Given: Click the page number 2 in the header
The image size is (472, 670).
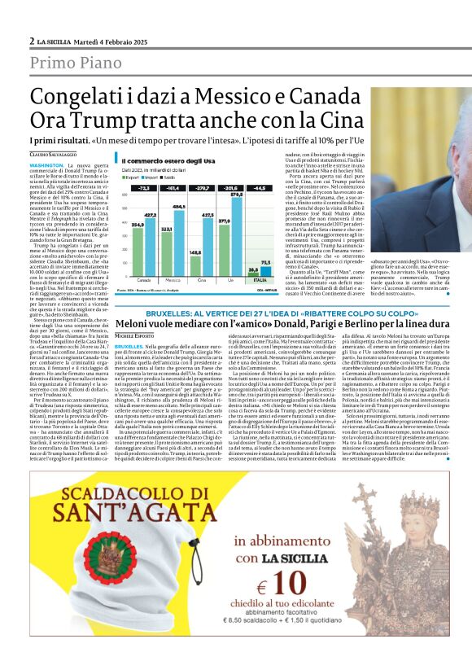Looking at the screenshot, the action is [32, 41].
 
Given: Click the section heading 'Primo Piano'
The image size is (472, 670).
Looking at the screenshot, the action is [74, 63].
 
